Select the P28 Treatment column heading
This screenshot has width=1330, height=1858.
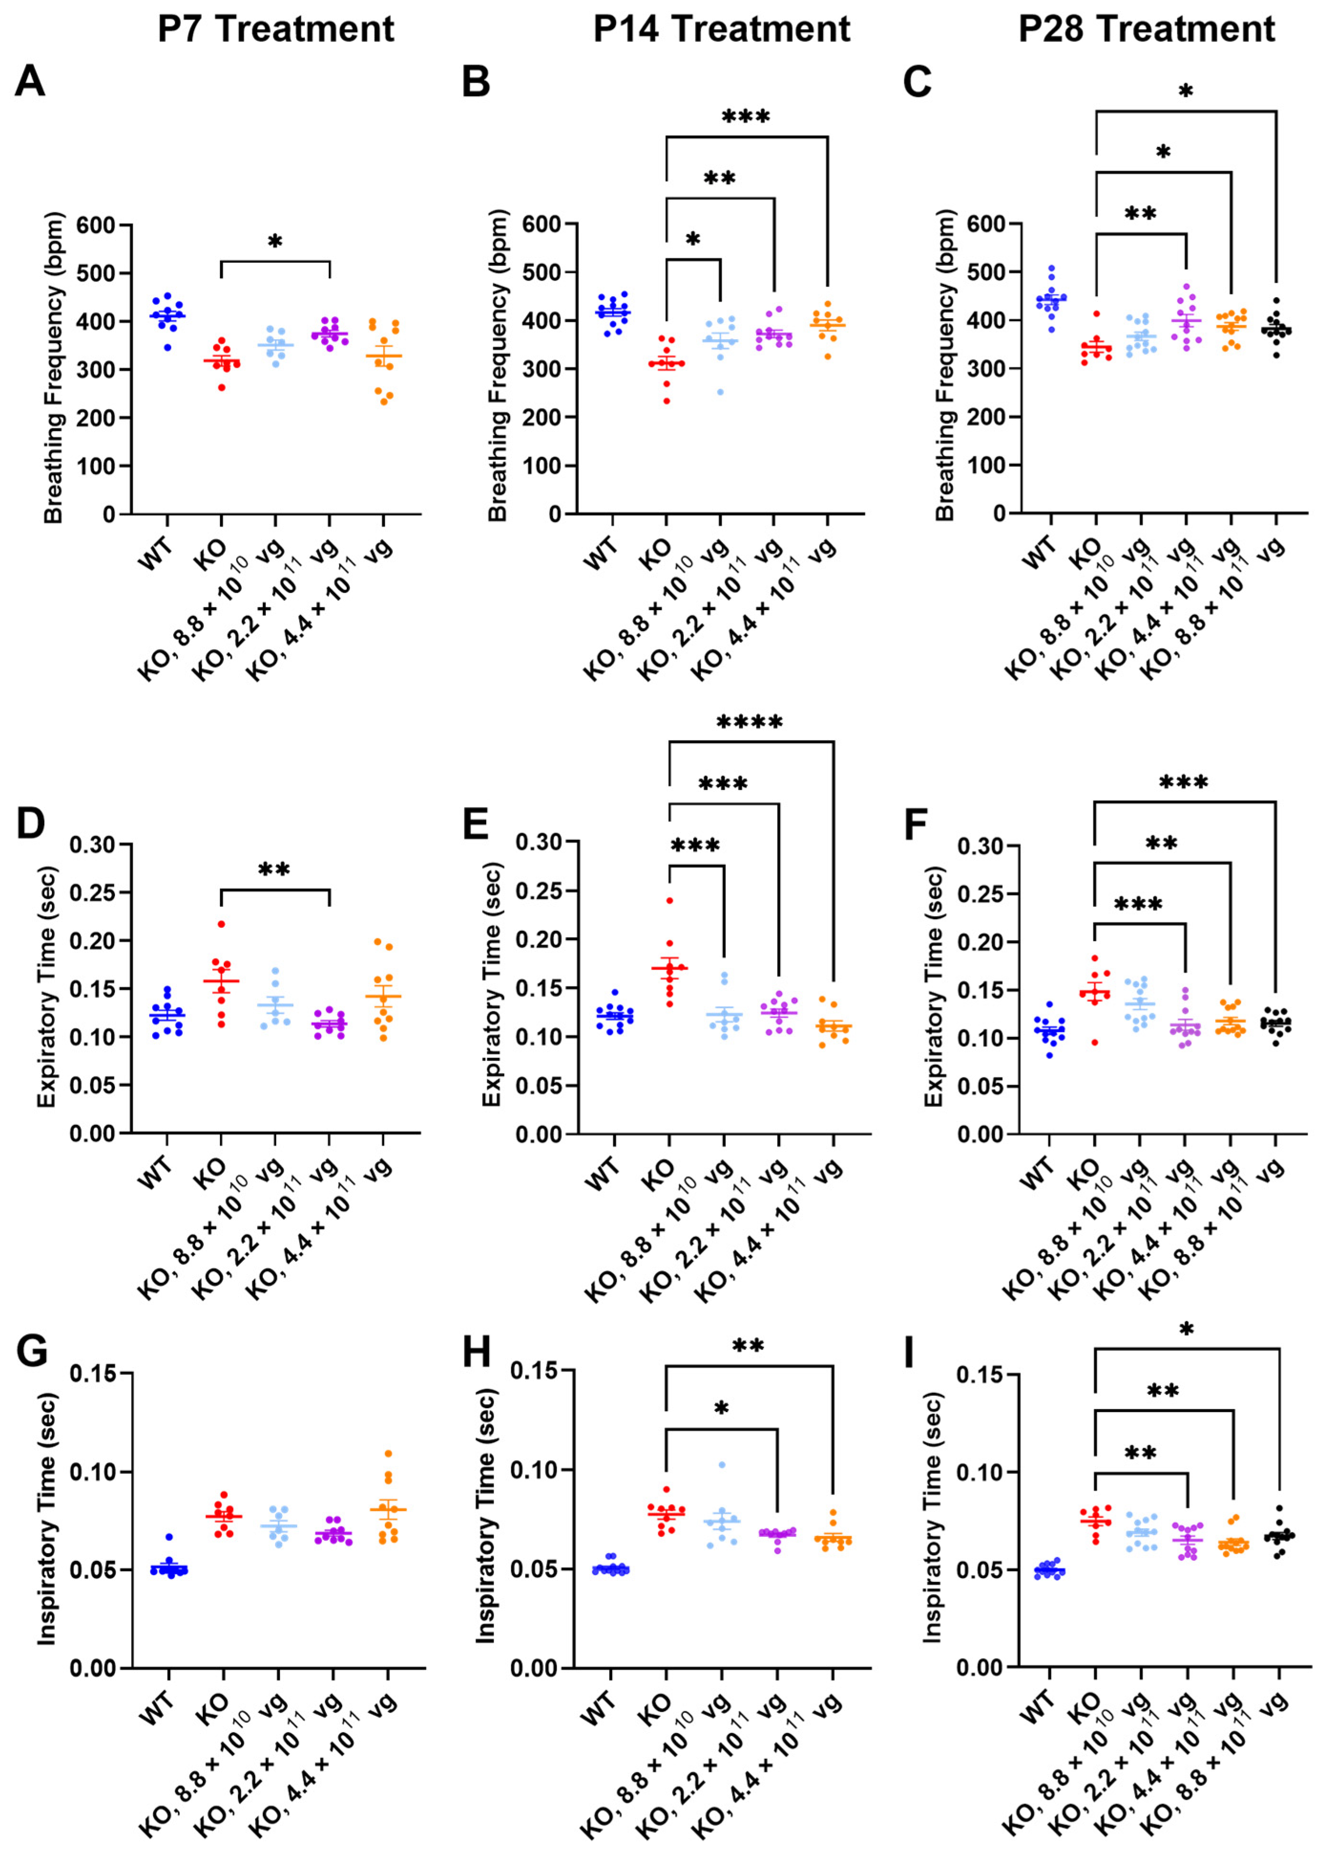click(x=1146, y=30)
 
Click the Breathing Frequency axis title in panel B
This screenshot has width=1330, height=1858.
click(x=497, y=368)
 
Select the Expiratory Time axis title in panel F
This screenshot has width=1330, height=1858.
click(x=935, y=986)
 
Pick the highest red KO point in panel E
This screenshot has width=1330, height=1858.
click(x=669, y=901)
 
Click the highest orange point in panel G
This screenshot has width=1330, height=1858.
click(x=388, y=1453)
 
